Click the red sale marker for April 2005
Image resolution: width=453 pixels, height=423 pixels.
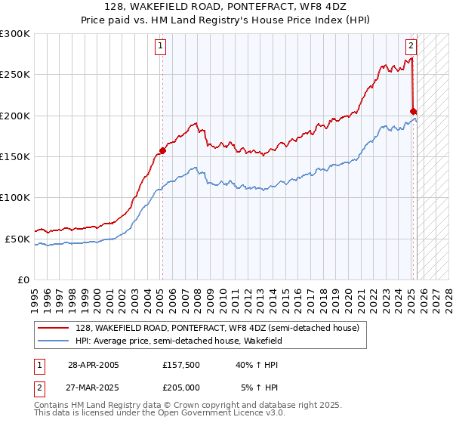162,150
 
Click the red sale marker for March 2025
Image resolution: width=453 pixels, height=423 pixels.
413,112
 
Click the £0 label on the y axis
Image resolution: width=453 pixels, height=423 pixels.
23,279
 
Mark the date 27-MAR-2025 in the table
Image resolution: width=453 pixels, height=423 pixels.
93,387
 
